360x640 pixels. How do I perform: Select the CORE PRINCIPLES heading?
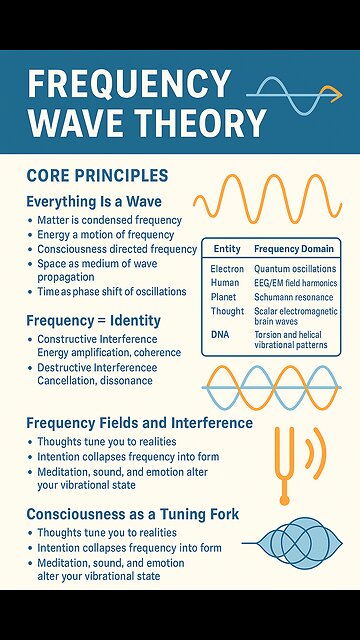pos(98,176)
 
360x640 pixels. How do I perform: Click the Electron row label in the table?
pos(227,269)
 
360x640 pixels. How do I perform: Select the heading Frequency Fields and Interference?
pos(139,422)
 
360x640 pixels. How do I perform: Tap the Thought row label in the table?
pos(226,311)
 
